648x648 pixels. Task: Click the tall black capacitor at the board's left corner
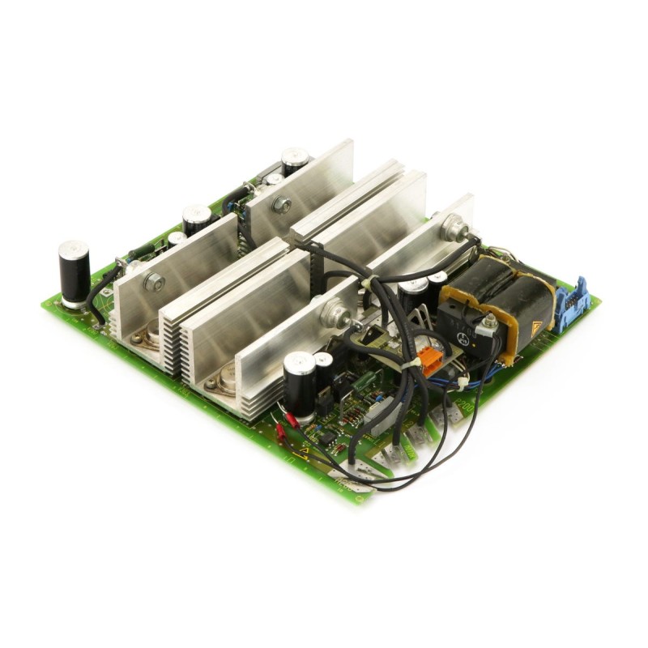pyautogui.click(x=74, y=273)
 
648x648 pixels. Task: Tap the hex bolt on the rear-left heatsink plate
pyautogui.click(x=282, y=205)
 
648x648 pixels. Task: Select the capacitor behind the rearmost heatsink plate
pyautogui.click(x=294, y=160)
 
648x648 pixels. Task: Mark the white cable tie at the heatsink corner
pyautogui.click(x=366, y=283)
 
